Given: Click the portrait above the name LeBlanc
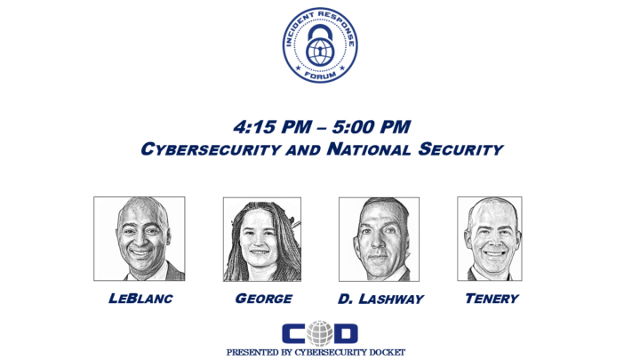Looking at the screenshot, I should click(140, 238).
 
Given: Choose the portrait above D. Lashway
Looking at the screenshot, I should click(379, 239).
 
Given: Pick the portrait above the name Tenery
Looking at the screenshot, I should click(489, 238).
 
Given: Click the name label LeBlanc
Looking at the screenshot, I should click(140, 299).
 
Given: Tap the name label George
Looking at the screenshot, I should click(264, 299).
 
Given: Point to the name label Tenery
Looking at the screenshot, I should click(492, 299).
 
